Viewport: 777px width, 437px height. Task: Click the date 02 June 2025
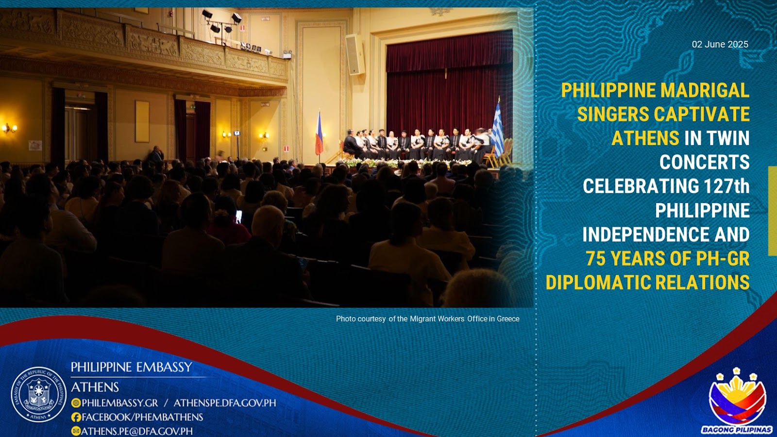click(x=720, y=44)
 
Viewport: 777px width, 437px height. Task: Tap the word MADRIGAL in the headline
click(x=705, y=90)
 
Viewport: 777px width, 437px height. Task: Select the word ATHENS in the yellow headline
click(x=645, y=138)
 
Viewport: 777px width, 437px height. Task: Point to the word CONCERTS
click(x=705, y=162)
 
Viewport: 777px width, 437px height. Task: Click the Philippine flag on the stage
click(x=319, y=134)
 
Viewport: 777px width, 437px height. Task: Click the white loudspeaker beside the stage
click(x=355, y=54)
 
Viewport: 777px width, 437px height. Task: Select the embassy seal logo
click(x=38, y=395)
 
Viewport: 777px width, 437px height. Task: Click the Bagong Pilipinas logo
click(x=737, y=401)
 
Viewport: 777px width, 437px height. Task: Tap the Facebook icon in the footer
click(x=76, y=417)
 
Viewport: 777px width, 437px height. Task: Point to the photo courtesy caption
click(x=428, y=319)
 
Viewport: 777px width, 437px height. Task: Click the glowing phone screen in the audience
click(x=238, y=216)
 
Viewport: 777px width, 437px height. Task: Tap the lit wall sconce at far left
click(x=9, y=128)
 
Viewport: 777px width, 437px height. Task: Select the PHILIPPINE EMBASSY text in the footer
click(x=132, y=367)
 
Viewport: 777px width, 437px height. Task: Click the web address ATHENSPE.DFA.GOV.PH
click(x=225, y=403)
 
